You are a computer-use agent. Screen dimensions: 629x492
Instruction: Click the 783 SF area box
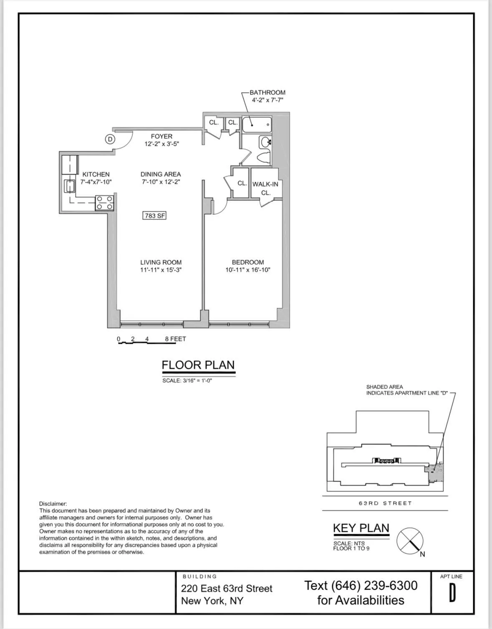(x=155, y=216)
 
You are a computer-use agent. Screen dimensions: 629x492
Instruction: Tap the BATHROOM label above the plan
(x=267, y=92)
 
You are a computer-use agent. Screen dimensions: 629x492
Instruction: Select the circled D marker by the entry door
(x=110, y=139)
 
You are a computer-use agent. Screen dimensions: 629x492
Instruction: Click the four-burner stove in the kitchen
(x=104, y=203)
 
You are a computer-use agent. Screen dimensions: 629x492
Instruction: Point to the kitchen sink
(x=69, y=185)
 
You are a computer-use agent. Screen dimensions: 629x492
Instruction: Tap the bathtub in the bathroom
(x=257, y=124)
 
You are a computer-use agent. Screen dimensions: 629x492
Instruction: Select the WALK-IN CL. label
(x=265, y=188)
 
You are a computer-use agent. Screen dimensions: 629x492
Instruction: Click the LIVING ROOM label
(x=161, y=262)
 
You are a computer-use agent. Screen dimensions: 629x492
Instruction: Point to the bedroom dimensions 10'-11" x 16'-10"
(x=248, y=270)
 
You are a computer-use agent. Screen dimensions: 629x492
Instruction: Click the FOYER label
(x=161, y=136)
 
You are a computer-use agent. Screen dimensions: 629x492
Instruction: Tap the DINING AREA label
(x=161, y=174)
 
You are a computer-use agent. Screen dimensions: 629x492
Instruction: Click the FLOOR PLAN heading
(x=198, y=365)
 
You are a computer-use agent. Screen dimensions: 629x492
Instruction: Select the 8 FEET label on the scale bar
(x=175, y=339)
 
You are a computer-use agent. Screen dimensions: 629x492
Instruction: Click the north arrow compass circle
(x=409, y=541)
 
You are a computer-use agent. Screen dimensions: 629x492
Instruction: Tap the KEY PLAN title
(x=361, y=528)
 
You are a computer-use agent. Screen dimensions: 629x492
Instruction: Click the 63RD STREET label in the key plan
(x=385, y=503)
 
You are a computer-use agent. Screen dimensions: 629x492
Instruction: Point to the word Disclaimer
(x=53, y=504)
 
